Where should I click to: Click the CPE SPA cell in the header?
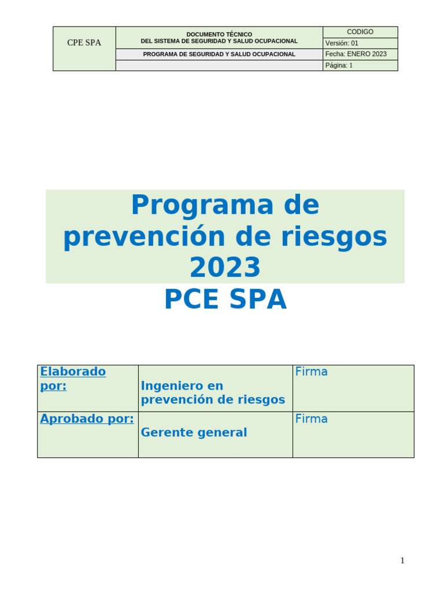(x=84, y=43)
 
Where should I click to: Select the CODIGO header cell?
(x=360, y=32)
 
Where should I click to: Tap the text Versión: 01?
(x=342, y=43)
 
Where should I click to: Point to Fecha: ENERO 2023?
(x=356, y=54)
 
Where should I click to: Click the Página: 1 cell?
(x=339, y=65)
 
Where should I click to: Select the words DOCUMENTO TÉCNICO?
(x=219, y=35)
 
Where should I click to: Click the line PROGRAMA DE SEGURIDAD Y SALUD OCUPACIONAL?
(x=219, y=54)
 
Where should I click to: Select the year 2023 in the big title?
(x=225, y=268)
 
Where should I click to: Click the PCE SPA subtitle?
(x=225, y=299)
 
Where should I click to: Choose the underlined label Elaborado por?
(x=73, y=379)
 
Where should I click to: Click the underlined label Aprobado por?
(x=87, y=419)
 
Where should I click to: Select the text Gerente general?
(x=194, y=432)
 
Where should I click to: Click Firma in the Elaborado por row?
(x=311, y=372)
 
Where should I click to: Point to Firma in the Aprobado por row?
(x=311, y=419)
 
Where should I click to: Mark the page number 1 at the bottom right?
(x=402, y=561)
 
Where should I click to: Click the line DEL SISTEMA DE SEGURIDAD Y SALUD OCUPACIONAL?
(x=219, y=41)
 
